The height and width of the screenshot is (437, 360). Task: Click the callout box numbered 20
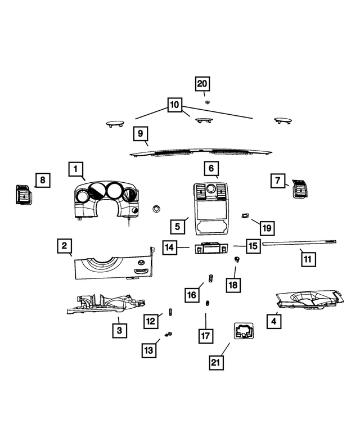coord(202,84)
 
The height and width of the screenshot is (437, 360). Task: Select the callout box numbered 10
coord(175,105)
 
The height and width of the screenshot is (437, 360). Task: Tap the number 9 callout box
coord(141,133)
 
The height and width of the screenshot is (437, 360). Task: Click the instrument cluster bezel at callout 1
coord(106,200)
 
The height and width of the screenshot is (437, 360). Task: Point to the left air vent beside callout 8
coord(24,194)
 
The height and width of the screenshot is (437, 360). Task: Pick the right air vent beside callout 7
coord(300,188)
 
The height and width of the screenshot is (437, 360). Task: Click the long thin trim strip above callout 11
coord(299,243)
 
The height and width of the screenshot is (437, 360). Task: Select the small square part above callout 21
coord(244,331)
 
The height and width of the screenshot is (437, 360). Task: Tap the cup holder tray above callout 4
coord(309,300)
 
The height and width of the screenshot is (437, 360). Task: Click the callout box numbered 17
coord(206,336)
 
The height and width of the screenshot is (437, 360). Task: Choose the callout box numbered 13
coord(149,350)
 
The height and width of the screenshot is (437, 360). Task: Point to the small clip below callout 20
coord(208,102)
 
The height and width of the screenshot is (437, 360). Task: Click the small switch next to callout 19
coord(245,215)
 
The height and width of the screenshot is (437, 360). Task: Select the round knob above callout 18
coord(237,259)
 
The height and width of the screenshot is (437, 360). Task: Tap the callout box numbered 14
coord(170,247)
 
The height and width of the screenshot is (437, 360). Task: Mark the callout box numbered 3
coord(120,331)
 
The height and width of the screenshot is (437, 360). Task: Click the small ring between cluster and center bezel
coord(156,209)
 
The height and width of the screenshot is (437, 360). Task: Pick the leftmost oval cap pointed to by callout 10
coord(115,123)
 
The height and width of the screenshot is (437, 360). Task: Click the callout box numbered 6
coord(211,168)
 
